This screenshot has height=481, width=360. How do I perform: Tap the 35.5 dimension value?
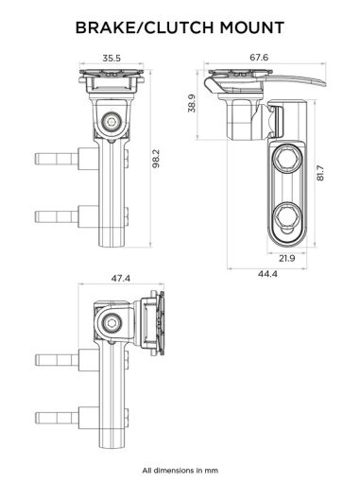pyautogui.click(x=111, y=59)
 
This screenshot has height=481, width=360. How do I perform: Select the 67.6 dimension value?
pyautogui.click(x=259, y=58)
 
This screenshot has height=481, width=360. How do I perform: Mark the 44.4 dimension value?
pyautogui.click(x=266, y=274)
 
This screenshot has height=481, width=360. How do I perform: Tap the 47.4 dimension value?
pyautogui.click(x=120, y=279)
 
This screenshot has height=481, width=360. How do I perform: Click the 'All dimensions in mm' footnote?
pyautogui.click(x=180, y=469)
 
